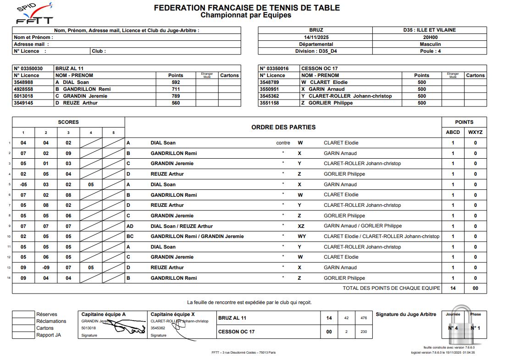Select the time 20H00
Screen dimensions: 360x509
click(x=430, y=37)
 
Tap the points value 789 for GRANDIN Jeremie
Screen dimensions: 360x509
click(x=176, y=96)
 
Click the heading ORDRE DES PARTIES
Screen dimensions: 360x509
click(x=283, y=127)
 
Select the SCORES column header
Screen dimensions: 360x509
click(x=68, y=122)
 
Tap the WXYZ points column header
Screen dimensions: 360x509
click(x=475, y=132)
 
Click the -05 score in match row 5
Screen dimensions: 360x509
click(x=23, y=184)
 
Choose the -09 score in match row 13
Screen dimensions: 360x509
click(x=46, y=267)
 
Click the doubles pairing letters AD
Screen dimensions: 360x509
click(x=131, y=226)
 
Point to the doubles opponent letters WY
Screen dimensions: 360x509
click(x=301, y=237)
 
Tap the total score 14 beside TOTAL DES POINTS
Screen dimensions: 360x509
click(x=453, y=288)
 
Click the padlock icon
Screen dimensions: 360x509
click(x=463, y=326)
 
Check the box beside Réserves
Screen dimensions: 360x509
click(x=23, y=314)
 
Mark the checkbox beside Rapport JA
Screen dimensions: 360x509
click(x=23, y=335)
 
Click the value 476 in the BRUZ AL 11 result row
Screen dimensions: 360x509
click(x=364, y=318)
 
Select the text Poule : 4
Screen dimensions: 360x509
click(x=430, y=51)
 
